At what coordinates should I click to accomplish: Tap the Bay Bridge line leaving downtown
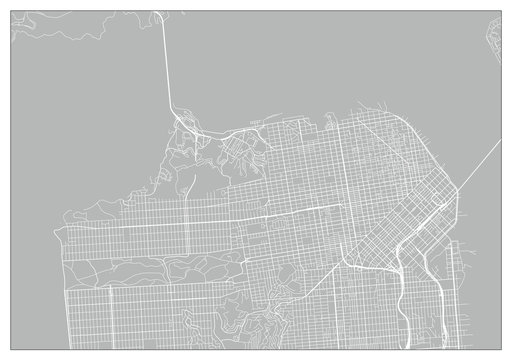[x=480, y=159]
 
